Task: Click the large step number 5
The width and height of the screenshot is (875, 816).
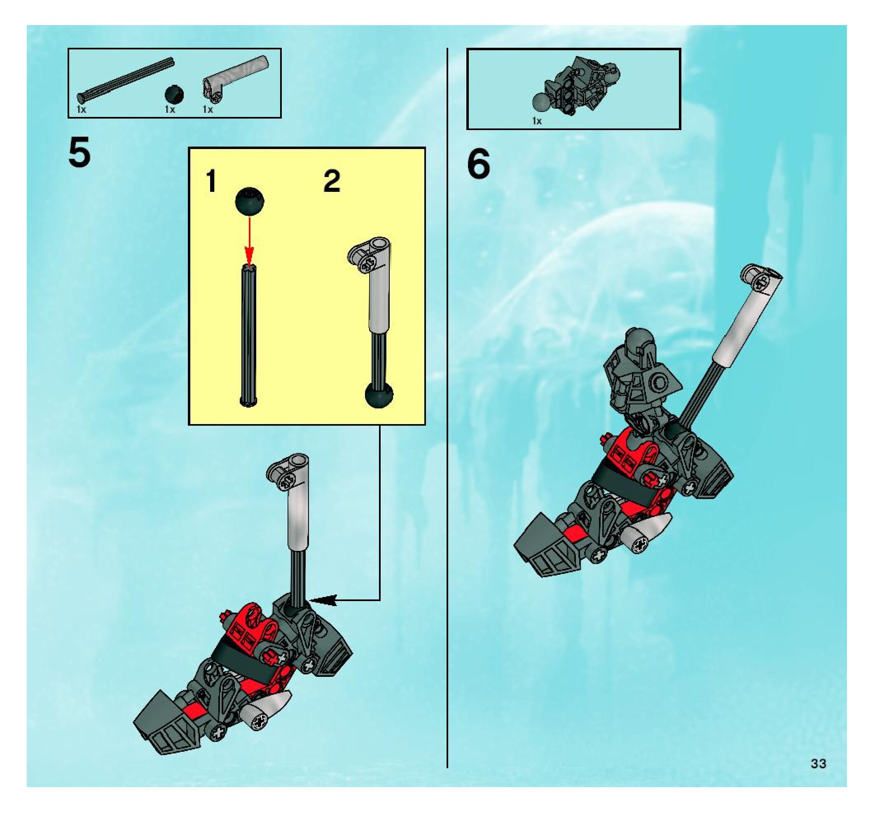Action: click(80, 152)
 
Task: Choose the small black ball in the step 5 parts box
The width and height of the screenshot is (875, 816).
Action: click(174, 95)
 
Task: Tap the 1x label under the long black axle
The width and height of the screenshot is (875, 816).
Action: click(82, 110)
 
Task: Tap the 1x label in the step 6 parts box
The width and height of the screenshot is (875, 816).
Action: click(537, 121)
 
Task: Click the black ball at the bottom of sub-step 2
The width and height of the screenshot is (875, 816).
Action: click(379, 394)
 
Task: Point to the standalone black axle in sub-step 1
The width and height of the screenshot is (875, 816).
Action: click(249, 335)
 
